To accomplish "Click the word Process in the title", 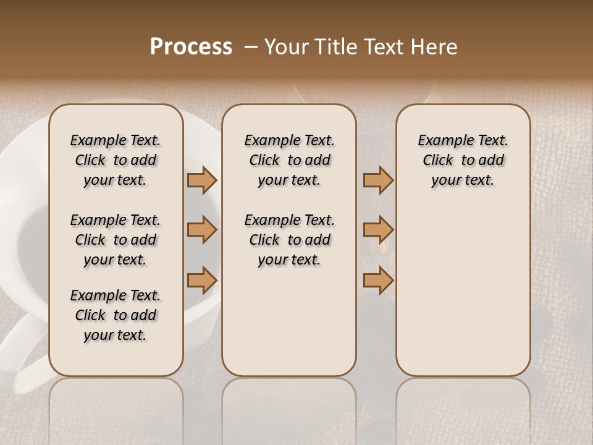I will tap(191, 47).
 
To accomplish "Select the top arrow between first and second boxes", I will tap(202, 180).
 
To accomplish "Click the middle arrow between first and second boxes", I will tap(202, 230).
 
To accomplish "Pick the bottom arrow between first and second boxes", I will tap(202, 280).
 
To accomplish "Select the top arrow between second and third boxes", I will tap(378, 180).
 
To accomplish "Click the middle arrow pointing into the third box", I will tap(378, 230).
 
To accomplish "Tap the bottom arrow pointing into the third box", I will tap(378, 280).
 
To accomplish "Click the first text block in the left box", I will tap(116, 160).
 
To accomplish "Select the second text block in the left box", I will tap(116, 240).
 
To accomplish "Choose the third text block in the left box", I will tap(116, 315).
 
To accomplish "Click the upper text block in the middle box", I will tap(289, 160).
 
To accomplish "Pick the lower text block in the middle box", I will tap(289, 240).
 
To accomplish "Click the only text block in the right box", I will tap(463, 160).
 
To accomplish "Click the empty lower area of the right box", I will tap(463, 297).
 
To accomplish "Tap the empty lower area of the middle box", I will tap(289, 321).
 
